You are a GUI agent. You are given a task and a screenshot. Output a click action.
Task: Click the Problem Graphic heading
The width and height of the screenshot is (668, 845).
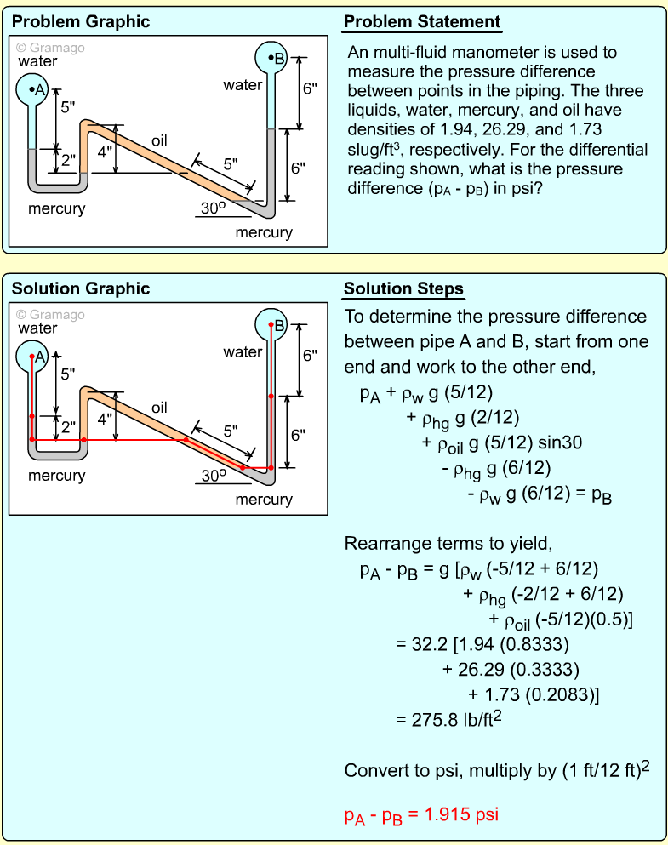point(81,22)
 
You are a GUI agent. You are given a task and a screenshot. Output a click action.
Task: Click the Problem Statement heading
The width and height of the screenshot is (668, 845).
point(422,22)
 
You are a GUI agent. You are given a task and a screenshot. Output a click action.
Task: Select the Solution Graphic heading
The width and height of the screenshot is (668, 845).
point(81,289)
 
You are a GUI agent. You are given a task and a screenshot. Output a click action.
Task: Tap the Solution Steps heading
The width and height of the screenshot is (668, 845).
point(403,289)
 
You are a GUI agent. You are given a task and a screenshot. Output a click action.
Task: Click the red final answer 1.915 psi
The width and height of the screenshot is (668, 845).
point(421,815)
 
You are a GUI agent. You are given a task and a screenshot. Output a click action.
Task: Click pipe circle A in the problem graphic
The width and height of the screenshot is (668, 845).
point(33,89)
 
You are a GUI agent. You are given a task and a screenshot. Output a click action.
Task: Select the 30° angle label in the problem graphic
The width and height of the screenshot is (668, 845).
point(213,208)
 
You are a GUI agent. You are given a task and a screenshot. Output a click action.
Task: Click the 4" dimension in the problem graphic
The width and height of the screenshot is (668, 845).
point(105,152)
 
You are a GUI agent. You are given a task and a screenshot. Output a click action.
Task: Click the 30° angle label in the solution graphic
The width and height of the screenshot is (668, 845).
point(213,475)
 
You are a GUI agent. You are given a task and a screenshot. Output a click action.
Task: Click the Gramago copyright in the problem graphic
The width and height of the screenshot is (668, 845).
point(50,48)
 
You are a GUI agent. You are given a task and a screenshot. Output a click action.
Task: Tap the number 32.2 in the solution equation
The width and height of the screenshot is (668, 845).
point(414,643)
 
